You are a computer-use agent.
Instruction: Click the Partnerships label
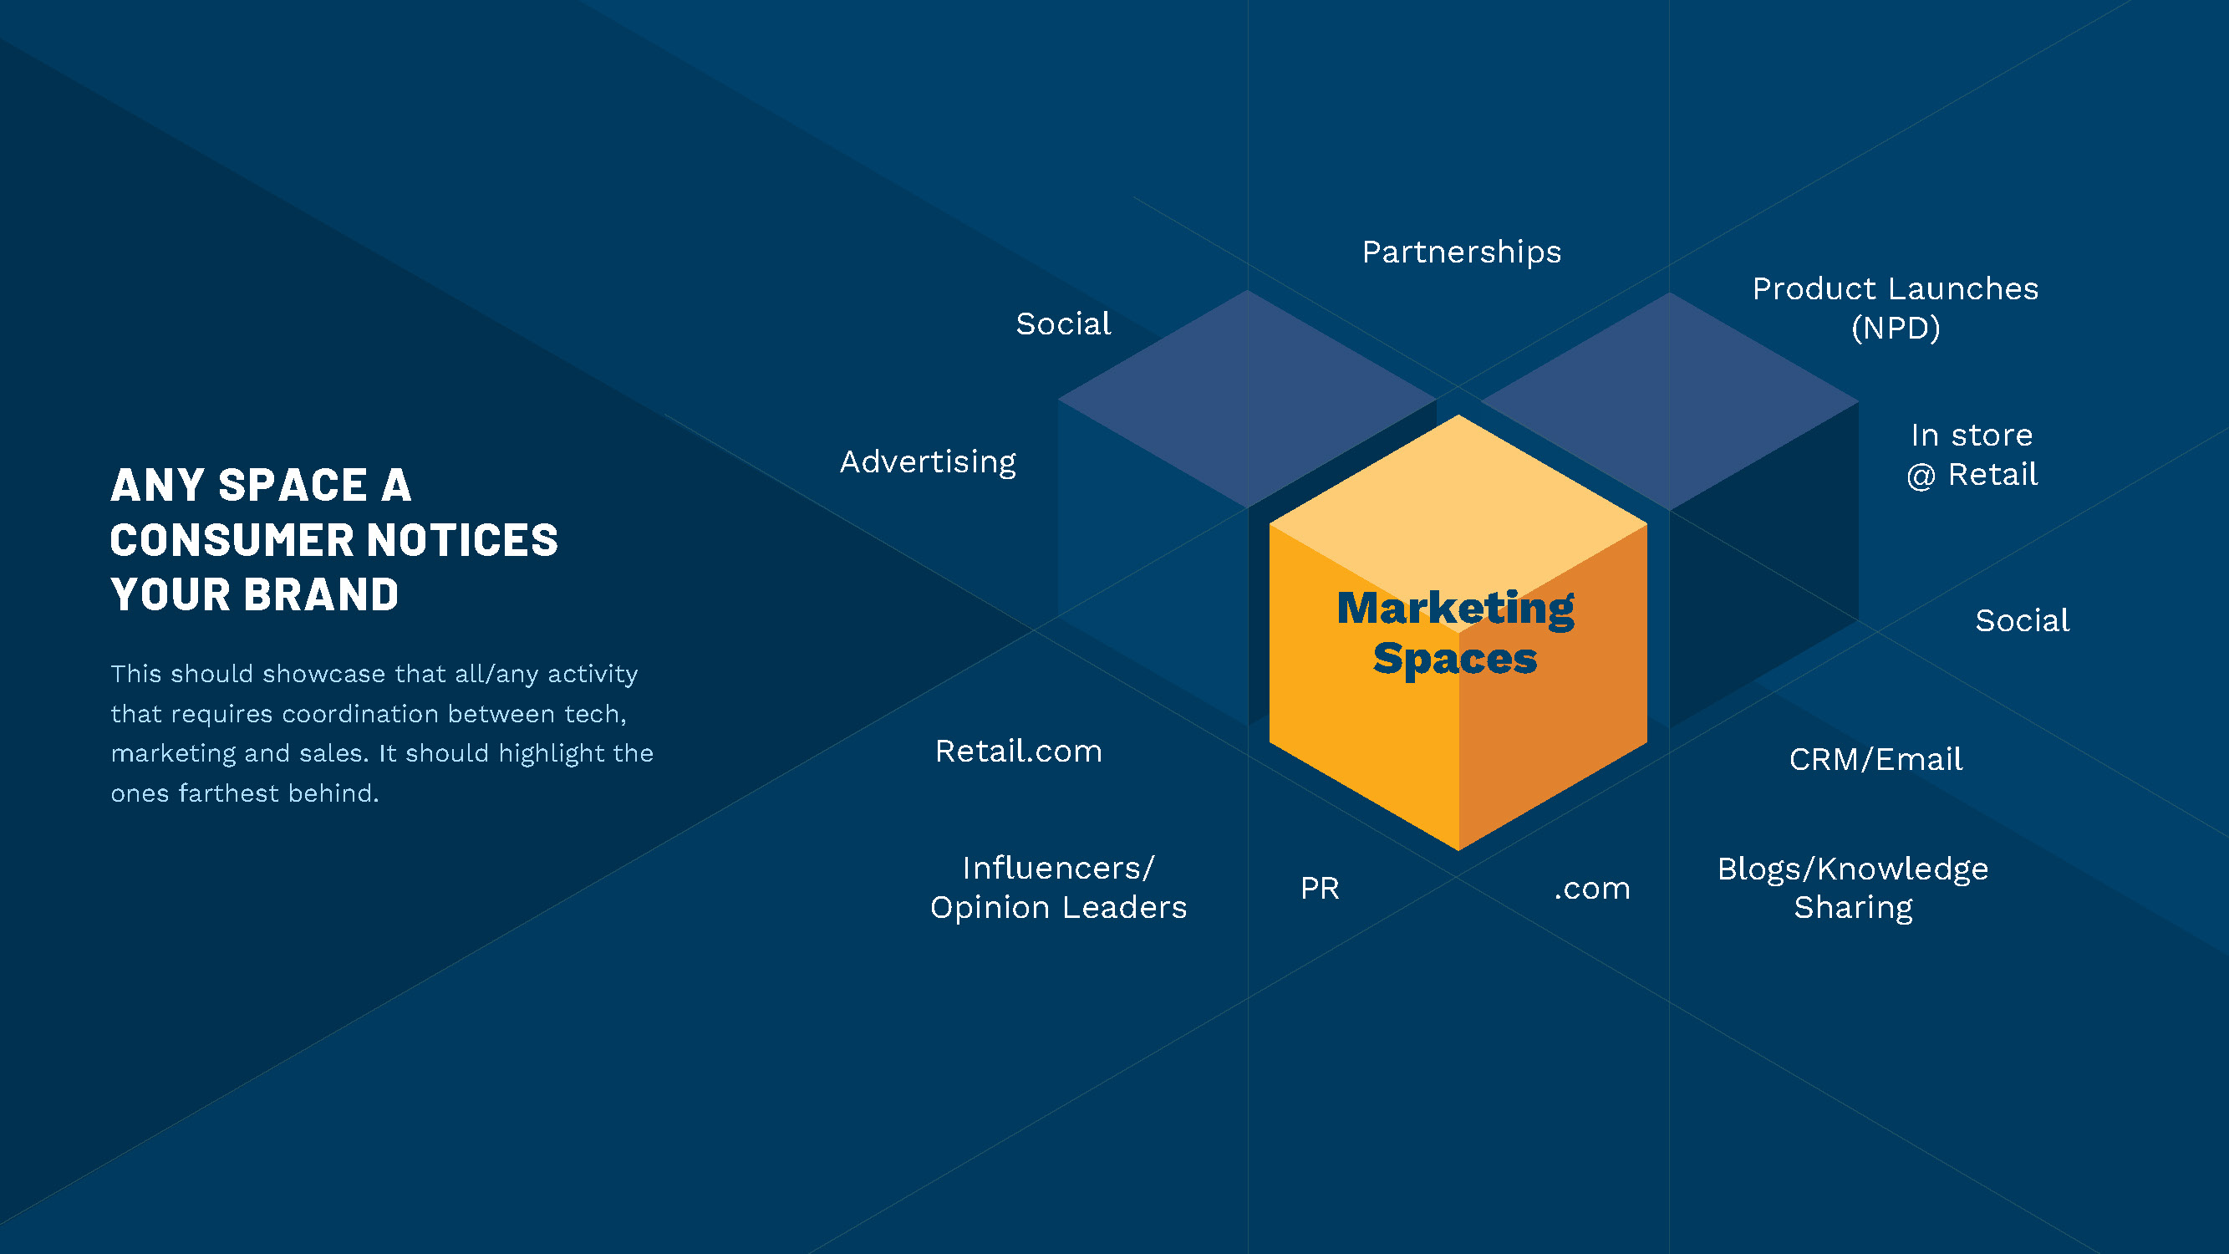point(1462,252)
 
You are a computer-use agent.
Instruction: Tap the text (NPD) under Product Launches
point(1895,328)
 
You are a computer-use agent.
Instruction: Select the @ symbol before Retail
point(1920,476)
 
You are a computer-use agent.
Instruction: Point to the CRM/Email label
point(1875,760)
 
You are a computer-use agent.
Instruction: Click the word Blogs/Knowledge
point(1853,869)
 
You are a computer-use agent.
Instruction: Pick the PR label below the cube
point(1320,889)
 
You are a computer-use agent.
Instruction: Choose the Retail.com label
point(1019,752)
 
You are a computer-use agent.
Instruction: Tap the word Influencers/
point(1058,868)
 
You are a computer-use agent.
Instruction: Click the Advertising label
point(928,462)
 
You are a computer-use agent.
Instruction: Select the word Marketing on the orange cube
point(1455,608)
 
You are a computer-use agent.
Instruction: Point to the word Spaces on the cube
point(1454,659)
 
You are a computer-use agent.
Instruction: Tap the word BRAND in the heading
point(321,595)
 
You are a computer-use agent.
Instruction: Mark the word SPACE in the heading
point(293,486)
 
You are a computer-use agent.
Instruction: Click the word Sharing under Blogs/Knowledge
point(1853,908)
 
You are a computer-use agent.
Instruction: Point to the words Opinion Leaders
point(1058,908)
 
